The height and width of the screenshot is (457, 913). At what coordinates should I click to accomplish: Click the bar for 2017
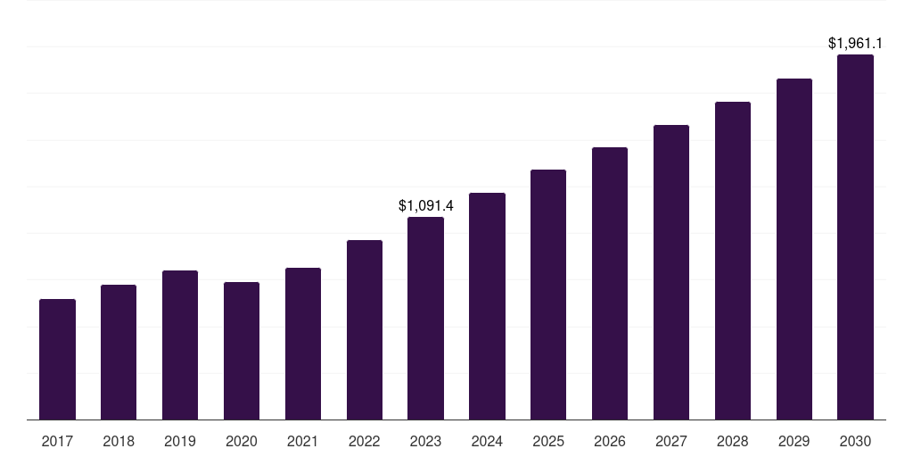[58, 359]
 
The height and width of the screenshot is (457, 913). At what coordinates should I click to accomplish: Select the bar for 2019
[180, 345]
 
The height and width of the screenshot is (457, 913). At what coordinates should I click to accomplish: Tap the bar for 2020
[242, 351]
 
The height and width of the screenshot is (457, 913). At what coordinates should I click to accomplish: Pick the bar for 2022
[365, 330]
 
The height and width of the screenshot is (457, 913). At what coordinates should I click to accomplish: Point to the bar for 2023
[425, 319]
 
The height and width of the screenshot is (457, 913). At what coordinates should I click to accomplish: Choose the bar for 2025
[548, 295]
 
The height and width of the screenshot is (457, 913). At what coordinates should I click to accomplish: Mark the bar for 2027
[671, 272]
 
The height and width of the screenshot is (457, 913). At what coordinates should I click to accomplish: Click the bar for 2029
[794, 249]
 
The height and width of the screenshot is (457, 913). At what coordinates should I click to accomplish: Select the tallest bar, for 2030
[855, 237]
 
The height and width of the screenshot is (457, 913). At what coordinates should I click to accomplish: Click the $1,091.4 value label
[425, 206]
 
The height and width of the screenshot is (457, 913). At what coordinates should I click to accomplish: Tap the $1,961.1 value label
[855, 43]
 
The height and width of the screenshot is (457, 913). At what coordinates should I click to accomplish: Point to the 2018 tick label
[119, 441]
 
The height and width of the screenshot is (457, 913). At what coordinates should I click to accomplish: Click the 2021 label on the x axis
[303, 441]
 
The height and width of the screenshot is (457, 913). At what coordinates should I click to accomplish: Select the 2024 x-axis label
[487, 441]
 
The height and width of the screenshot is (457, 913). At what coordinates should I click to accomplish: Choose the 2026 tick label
[610, 441]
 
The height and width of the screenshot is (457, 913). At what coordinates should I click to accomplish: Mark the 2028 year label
[733, 441]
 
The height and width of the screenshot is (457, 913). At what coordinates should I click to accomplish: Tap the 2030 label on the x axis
[855, 441]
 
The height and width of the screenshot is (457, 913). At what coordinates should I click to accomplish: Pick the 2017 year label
[58, 441]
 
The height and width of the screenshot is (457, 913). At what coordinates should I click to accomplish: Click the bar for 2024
[488, 306]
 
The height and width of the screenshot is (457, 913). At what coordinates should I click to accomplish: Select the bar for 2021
[303, 344]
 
